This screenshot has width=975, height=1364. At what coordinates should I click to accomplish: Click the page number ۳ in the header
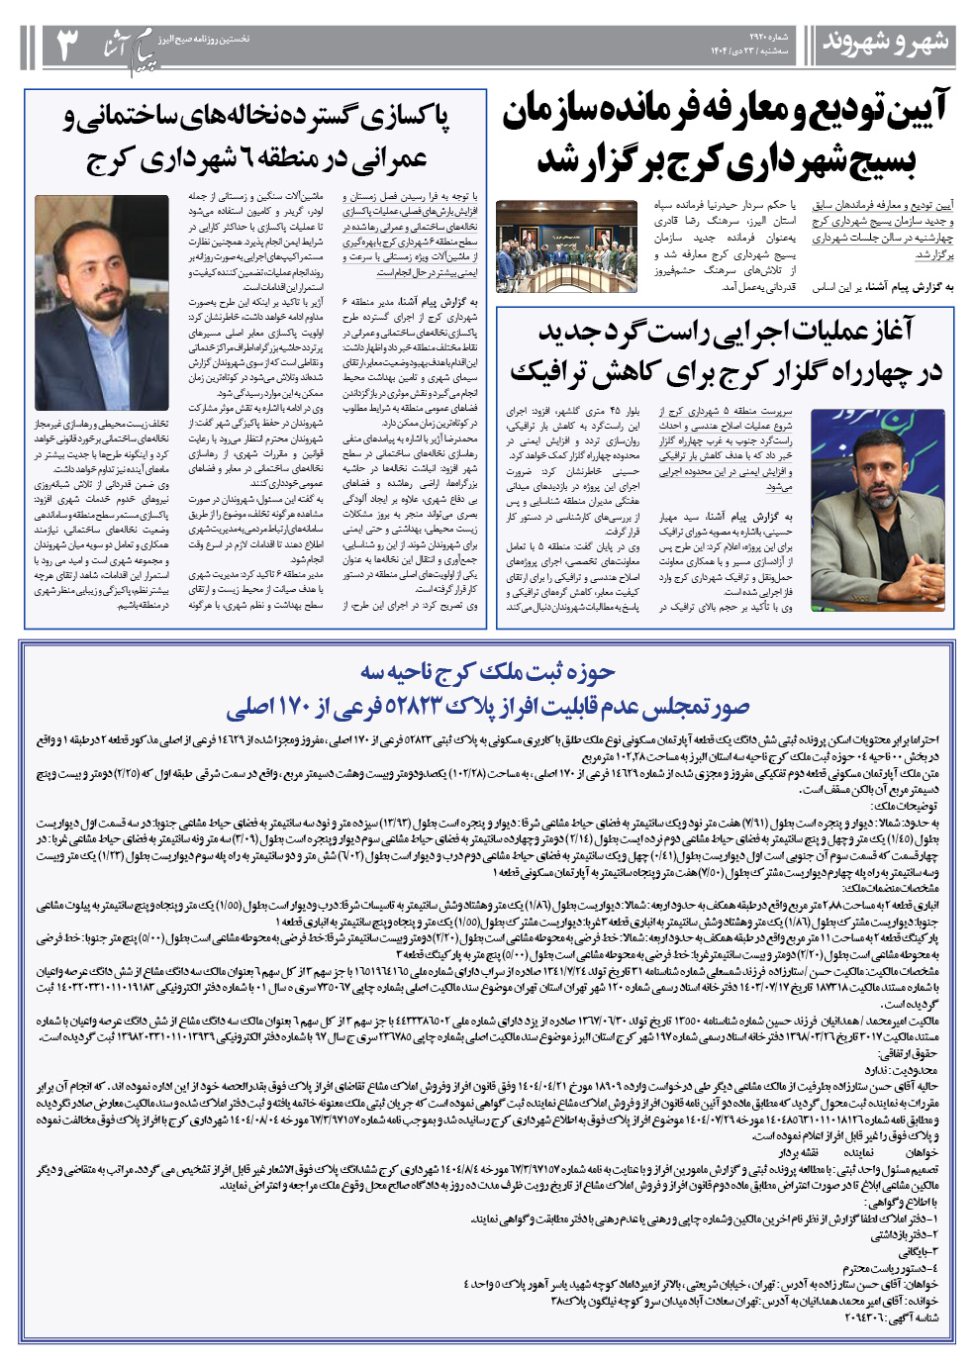66,46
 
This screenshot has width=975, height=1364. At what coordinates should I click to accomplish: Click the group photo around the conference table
567,245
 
